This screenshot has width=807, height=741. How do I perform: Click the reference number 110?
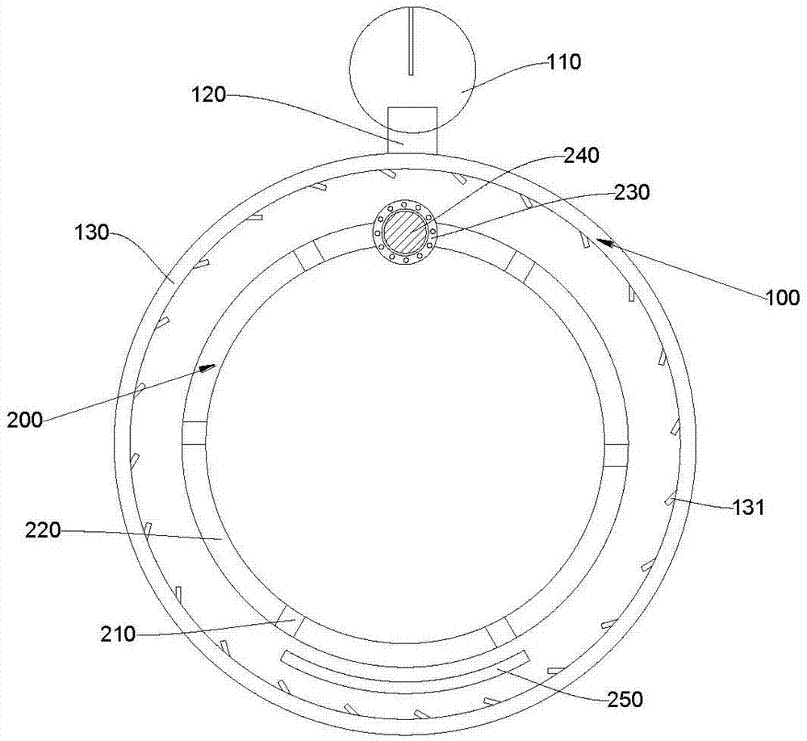(x=564, y=62)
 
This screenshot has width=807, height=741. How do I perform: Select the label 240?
(x=582, y=156)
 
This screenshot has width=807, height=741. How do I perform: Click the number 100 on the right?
(x=781, y=297)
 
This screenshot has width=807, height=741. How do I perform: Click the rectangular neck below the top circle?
(x=412, y=129)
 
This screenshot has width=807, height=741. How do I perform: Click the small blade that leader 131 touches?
(x=670, y=500)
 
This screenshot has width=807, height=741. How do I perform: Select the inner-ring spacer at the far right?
(x=615, y=454)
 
